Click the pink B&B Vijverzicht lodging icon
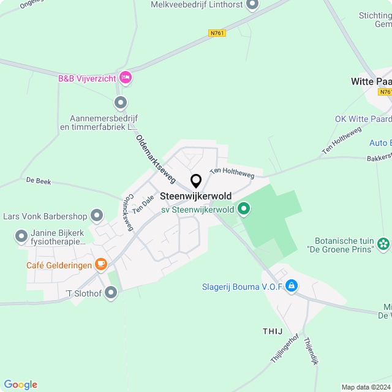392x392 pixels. [126, 77]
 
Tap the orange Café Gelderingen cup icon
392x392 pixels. [101, 265]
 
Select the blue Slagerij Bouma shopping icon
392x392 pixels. [291, 285]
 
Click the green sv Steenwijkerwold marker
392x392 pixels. [244, 209]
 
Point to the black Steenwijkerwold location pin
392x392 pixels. [196, 181]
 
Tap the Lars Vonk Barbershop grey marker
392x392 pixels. [97, 215]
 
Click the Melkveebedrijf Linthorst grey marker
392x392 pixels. [252, 5]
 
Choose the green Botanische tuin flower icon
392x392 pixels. [384, 244]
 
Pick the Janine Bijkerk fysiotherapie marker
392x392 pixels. [21, 236]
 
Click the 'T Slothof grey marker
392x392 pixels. [111, 293]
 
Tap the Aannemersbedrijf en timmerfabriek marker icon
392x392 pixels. [121, 102]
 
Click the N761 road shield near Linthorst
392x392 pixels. [217, 33]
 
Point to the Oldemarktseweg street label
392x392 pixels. [156, 159]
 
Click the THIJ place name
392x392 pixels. [273, 331]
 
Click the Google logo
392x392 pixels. [20, 384]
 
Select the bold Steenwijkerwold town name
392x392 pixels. [195, 197]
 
